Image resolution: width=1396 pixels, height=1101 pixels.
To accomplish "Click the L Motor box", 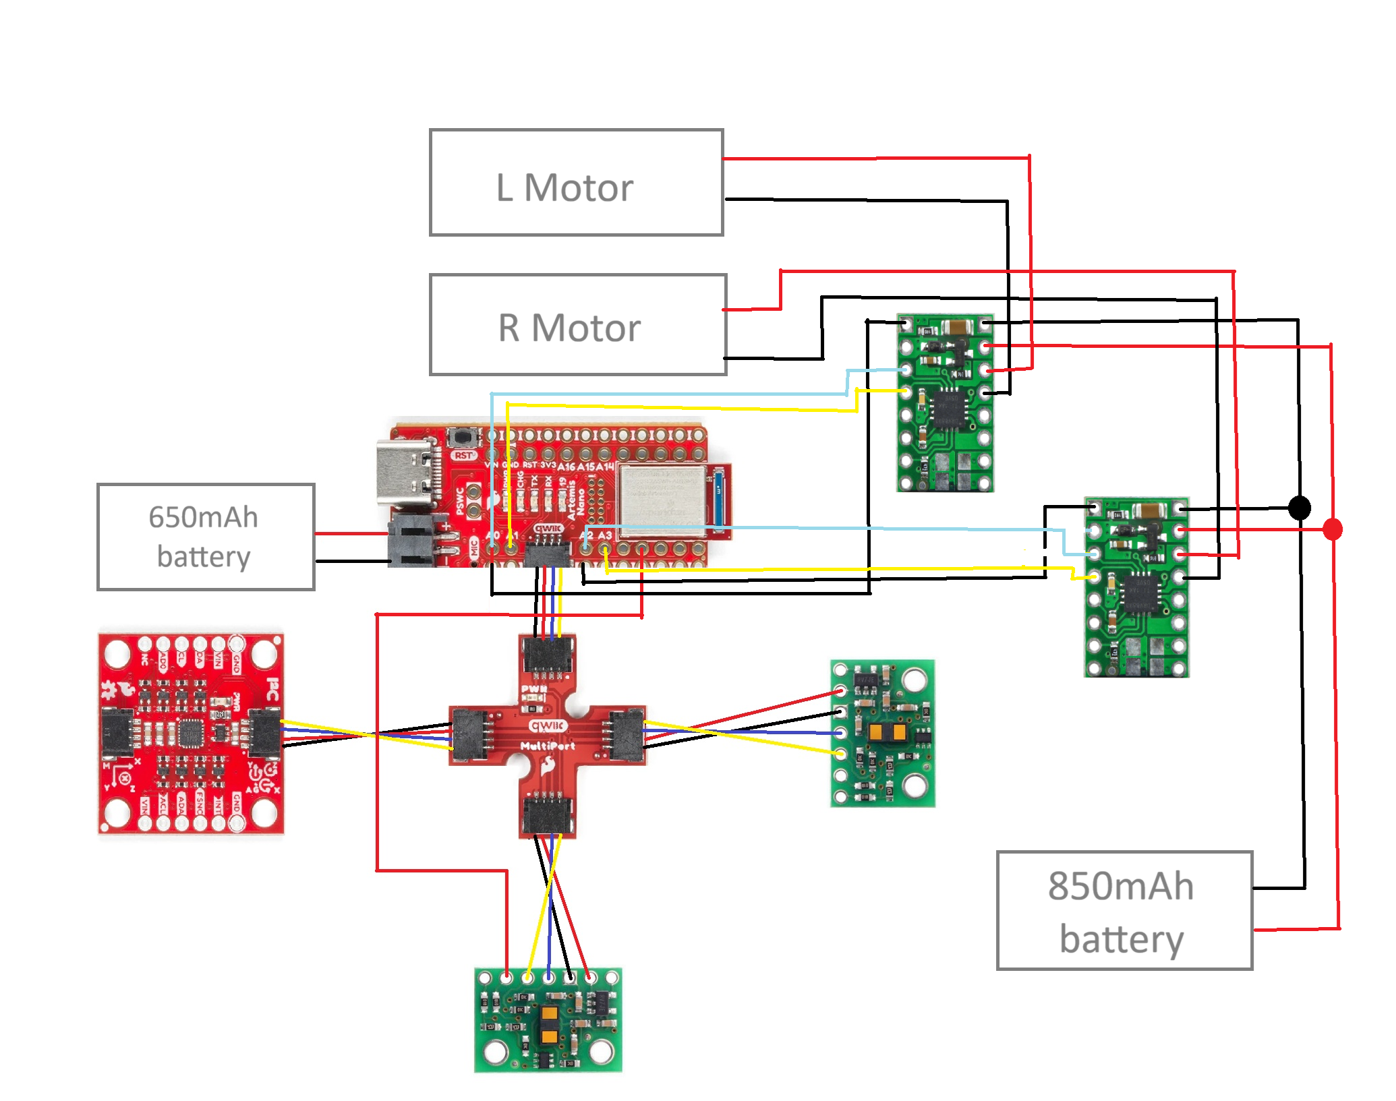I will point(576,183).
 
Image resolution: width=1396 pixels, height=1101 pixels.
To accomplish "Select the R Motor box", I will point(577,325).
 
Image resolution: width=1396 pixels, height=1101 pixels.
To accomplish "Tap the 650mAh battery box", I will point(206,537).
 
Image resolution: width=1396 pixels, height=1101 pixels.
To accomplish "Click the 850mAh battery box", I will point(1124,910).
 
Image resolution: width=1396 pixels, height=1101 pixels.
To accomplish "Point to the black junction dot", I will point(1299,508).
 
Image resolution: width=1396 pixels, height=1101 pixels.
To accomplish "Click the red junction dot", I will point(1332,529).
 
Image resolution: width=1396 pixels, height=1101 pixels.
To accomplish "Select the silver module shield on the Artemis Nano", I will point(662,498).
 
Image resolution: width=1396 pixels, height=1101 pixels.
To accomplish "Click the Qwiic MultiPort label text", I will point(548,736).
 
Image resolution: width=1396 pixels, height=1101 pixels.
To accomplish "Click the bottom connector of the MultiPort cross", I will point(548,816).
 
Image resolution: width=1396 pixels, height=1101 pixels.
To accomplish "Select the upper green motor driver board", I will point(945,403).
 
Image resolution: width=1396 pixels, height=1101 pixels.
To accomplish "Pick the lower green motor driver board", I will point(1136,587).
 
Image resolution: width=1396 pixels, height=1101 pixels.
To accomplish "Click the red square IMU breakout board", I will point(191,734).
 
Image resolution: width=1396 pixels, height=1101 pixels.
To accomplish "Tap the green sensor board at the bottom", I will point(548,1019).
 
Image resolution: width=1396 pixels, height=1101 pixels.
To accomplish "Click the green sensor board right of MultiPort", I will point(882,734).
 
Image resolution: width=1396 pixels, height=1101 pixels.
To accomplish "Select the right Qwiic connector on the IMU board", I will point(264,733).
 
